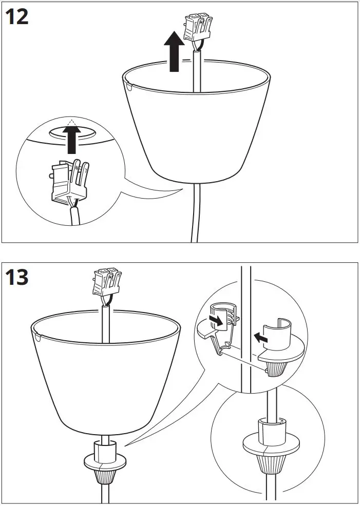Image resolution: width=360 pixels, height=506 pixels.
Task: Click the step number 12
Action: click(x=16, y=16)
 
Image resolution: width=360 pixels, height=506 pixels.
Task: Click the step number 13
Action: click(x=16, y=278)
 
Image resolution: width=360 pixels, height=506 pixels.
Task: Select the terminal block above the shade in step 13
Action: click(x=107, y=282)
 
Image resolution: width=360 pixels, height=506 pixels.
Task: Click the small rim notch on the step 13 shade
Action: click(x=37, y=338)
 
